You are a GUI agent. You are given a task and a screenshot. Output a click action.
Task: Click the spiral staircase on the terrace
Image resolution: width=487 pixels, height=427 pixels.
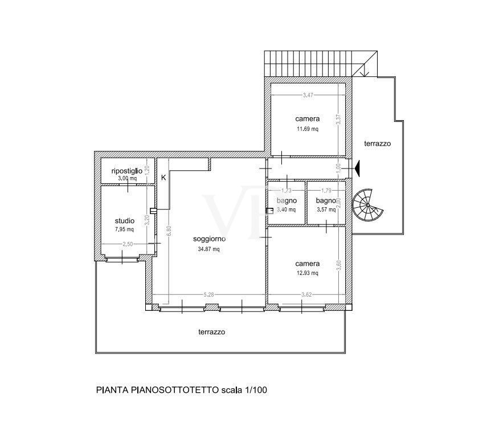pyautogui.click(x=367, y=205)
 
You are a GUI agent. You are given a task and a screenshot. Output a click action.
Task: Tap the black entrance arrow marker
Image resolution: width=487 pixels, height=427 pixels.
pyautogui.click(x=357, y=169)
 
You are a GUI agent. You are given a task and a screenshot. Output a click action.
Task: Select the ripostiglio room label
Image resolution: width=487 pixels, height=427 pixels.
pyautogui.click(x=126, y=171)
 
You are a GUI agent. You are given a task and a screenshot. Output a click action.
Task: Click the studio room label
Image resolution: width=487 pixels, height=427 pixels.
pyautogui.click(x=125, y=221)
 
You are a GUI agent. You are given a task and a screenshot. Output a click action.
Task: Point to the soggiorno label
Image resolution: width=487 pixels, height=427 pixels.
pyautogui.click(x=210, y=239)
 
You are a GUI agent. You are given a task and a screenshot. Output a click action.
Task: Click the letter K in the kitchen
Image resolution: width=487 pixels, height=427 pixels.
pyautogui.click(x=163, y=178)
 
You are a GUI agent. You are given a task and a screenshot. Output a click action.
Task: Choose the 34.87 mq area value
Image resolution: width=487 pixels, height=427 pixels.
pyautogui.click(x=208, y=249)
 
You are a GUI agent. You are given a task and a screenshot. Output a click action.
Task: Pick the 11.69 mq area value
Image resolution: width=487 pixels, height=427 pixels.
pyautogui.click(x=308, y=129)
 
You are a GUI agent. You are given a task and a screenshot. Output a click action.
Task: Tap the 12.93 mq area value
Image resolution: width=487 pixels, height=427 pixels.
pyautogui.click(x=308, y=273)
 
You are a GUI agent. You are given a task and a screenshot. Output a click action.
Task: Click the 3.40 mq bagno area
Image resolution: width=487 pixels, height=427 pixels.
pyautogui.click(x=286, y=210)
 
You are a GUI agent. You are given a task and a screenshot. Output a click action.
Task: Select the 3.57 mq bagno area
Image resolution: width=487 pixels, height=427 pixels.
pyautogui.click(x=326, y=210)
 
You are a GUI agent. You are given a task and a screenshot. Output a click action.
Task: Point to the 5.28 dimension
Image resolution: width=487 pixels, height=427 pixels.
pyautogui.click(x=208, y=294)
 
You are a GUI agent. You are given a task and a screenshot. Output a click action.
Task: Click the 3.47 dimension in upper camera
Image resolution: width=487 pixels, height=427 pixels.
pyautogui.click(x=308, y=95)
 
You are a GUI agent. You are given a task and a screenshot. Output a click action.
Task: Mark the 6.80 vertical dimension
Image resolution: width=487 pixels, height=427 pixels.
pyautogui.click(x=169, y=231)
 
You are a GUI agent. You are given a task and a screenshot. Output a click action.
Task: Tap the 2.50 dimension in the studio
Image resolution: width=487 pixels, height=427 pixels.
pyautogui.click(x=128, y=244)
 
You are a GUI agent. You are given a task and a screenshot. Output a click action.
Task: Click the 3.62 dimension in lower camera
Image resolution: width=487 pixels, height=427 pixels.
pyautogui.click(x=306, y=294)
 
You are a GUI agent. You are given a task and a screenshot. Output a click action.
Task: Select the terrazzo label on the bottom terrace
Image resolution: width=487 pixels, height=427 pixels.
pyautogui.click(x=212, y=332)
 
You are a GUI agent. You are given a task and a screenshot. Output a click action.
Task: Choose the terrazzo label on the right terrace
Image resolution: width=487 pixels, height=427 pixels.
pyautogui.click(x=378, y=143)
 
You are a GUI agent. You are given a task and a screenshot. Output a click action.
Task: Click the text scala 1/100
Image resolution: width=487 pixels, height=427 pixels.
pyautogui.click(x=244, y=390)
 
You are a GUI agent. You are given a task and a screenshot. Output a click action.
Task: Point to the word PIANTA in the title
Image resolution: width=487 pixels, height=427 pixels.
pyautogui.click(x=112, y=390)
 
